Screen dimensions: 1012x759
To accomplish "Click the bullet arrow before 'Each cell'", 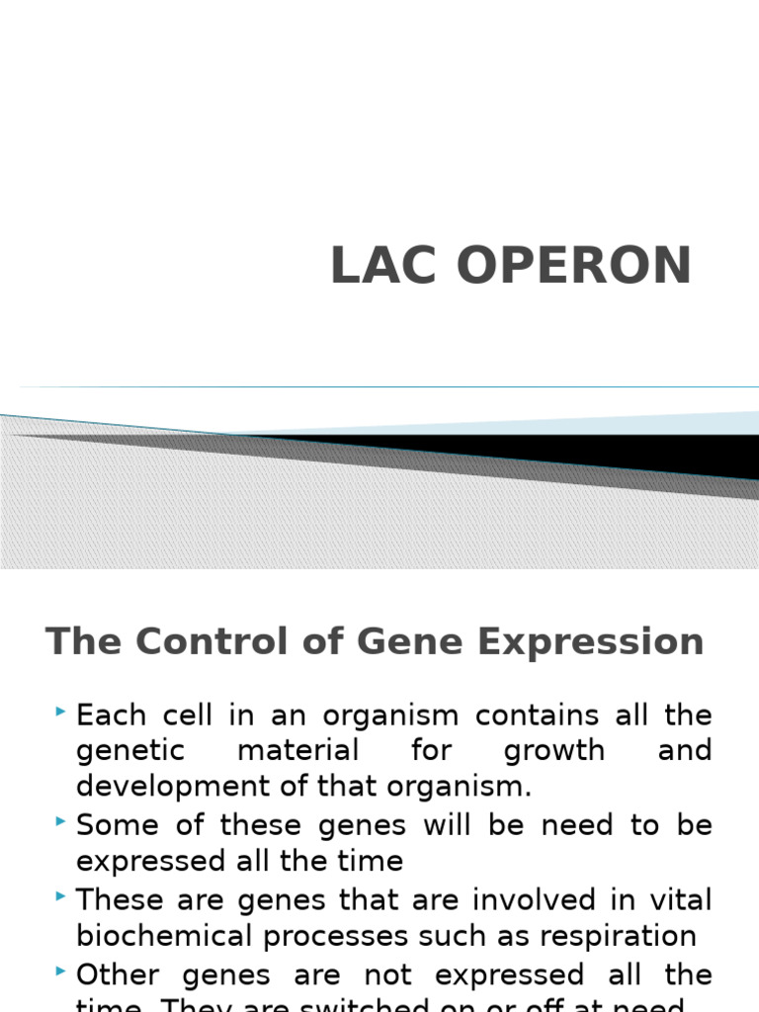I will pos(62,712).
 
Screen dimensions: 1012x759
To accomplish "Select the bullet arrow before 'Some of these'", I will pos(62,821).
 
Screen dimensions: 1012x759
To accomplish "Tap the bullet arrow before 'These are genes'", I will pos(62,896).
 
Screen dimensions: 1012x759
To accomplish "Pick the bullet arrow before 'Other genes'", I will pos(62,971).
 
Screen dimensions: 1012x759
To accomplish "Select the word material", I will pos(298,750).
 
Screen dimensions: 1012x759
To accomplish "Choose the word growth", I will pos(553,751).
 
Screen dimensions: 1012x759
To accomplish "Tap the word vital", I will pos(683,899).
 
